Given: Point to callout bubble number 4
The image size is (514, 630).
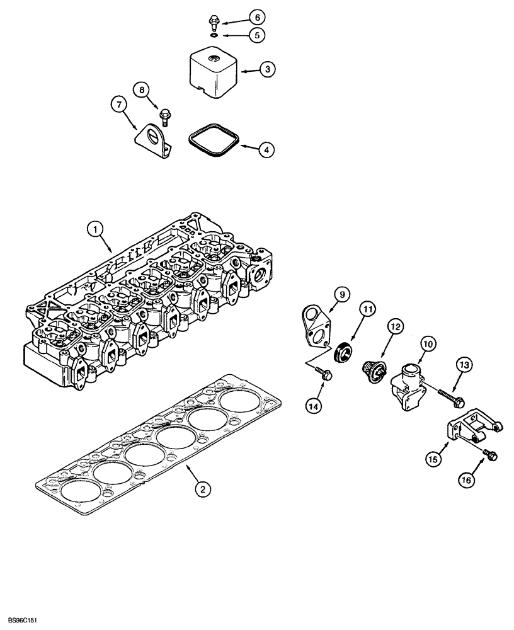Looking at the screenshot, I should coord(267,150).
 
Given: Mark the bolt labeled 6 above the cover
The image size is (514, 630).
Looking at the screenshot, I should coord(214,25).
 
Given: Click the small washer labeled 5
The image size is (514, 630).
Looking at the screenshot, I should coord(215,36).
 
